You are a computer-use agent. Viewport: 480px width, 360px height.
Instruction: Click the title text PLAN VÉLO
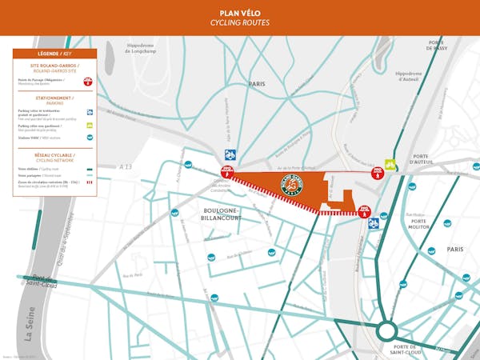coord(239,13)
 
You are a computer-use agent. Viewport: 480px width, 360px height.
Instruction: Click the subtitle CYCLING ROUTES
coord(239,23)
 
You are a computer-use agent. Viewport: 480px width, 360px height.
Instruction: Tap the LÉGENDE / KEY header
coord(54,54)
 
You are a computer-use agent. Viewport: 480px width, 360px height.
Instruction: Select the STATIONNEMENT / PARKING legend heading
coord(54,100)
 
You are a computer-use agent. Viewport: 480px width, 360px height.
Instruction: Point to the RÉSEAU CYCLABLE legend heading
coord(54,153)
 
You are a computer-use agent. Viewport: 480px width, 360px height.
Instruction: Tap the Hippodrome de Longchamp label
coord(146,48)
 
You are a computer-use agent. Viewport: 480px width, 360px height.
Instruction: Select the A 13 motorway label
coord(126,166)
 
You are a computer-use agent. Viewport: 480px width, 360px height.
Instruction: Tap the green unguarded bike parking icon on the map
coord(390,165)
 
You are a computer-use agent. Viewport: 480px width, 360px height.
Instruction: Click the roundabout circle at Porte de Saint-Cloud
coord(389,330)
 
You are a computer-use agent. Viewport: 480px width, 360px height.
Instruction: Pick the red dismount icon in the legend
coord(88,81)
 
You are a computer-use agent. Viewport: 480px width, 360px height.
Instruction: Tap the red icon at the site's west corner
coord(227,172)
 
